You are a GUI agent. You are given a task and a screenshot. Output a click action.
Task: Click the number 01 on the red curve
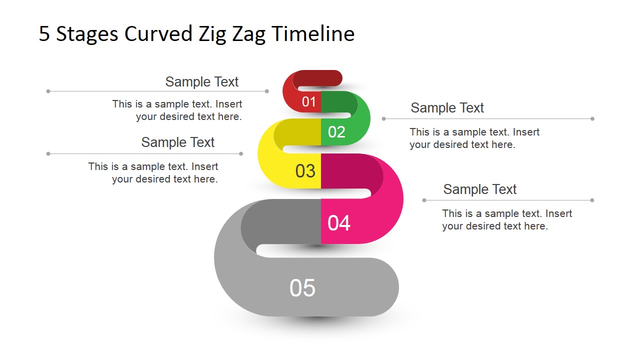tap(309, 102)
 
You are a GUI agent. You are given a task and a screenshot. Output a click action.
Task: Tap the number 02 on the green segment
tap(336, 132)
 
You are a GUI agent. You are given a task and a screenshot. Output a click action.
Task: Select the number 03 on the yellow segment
tap(305, 171)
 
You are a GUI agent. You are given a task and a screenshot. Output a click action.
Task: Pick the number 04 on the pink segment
tap(339, 223)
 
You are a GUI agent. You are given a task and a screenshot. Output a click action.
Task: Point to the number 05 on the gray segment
tap(302, 288)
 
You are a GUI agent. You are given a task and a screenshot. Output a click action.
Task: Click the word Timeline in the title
tap(313, 34)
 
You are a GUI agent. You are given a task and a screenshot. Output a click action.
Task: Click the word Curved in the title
tap(158, 34)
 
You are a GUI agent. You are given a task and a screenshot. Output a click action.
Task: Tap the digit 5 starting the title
tap(44, 34)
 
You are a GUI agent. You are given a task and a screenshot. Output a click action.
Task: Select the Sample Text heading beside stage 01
tap(202, 82)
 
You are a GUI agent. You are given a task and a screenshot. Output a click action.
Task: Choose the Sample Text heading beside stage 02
tap(447, 108)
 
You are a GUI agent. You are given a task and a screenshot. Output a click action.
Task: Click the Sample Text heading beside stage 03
tap(177, 142)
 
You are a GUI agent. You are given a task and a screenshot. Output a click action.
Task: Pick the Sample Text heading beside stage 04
tap(479, 189)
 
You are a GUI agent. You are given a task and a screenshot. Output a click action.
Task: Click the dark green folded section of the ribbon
tap(337, 102)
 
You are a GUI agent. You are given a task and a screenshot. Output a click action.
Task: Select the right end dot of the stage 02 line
tap(592, 119)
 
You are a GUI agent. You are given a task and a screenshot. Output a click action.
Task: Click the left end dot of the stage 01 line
tap(48, 91)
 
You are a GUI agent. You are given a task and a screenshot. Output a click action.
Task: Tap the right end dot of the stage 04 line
tap(592, 200)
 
